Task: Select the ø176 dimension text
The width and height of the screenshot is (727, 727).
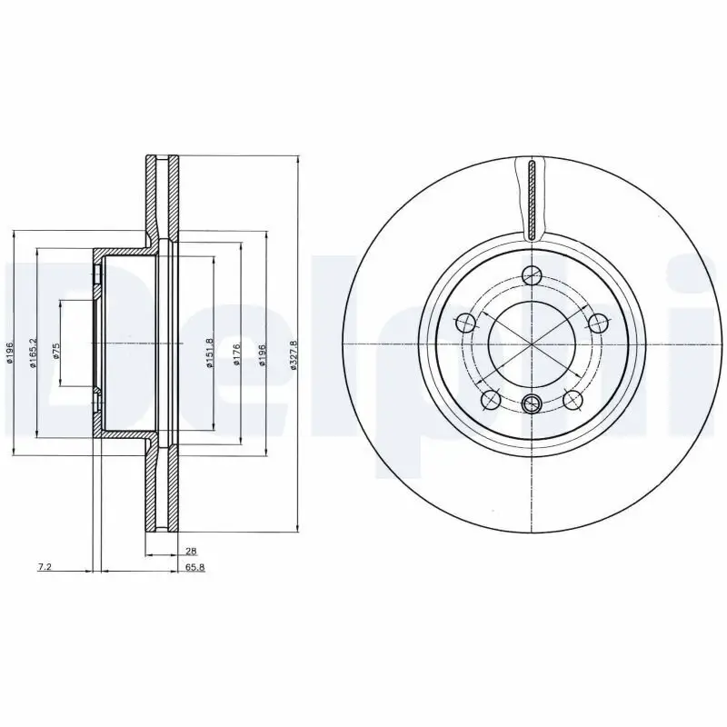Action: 235,354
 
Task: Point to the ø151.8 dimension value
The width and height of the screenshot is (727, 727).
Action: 210,354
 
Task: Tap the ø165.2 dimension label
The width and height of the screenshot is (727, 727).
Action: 34,353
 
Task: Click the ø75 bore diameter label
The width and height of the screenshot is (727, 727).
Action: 56,352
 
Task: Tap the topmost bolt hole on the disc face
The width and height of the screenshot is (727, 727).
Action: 533,274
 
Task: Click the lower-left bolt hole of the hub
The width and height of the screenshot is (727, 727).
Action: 491,398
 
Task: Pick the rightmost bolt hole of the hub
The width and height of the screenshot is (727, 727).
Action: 598,322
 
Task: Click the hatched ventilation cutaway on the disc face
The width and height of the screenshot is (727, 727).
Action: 532,198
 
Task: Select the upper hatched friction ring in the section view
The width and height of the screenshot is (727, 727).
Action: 164,195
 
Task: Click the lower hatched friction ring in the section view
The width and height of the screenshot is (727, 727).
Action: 164,486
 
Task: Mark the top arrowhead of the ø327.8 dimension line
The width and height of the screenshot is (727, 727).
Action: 298,159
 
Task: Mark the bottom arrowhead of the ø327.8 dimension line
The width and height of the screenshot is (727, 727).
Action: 298,528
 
